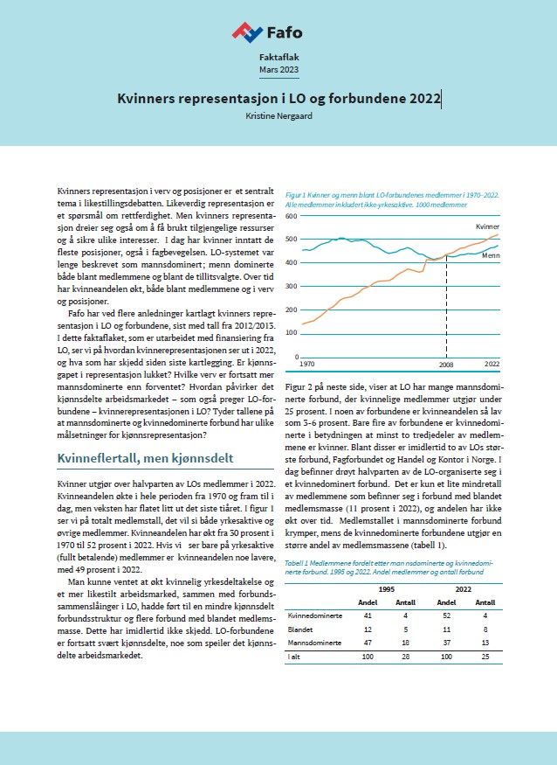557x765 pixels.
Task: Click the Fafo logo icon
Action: (247, 32)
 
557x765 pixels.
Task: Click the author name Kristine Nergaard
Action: (278, 115)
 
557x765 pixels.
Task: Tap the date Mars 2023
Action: (278, 69)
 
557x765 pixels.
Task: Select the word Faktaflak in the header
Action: (278, 56)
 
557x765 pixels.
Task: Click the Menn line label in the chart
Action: (491, 257)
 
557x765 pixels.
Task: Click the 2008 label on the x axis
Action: (446, 364)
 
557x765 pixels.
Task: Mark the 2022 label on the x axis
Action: (492, 364)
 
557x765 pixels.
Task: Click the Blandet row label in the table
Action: (301, 628)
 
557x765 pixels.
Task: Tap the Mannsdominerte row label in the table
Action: (313, 641)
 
